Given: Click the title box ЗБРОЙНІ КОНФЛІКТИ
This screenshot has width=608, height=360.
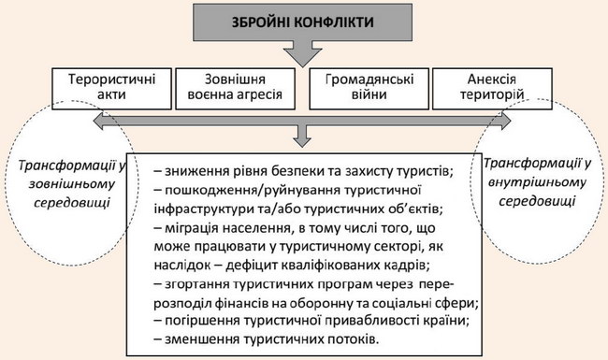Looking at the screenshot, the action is coord(302,22).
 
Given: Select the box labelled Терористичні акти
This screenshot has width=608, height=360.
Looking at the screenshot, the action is coord(111,89).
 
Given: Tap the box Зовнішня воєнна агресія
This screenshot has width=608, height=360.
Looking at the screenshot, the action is coord(235,89).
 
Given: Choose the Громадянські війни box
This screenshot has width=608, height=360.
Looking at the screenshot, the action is coord(369,89).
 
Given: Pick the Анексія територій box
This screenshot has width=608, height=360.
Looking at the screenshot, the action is coord(492,89).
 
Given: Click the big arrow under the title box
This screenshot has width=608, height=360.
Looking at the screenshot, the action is coord(302,54).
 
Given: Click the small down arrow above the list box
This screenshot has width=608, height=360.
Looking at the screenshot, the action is coord(302,137).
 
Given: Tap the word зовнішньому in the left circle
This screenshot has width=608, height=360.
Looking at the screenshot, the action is coord(72,184).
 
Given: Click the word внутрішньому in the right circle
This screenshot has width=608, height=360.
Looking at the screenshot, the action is coord(537,182).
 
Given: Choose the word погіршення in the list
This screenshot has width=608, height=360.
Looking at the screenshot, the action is coord(202,322).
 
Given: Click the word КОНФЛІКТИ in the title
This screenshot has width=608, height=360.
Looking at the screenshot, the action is coord(334,22).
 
